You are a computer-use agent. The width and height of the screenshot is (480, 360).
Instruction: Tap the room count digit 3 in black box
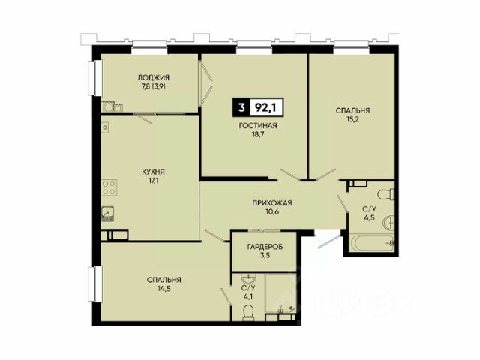pos(241,107)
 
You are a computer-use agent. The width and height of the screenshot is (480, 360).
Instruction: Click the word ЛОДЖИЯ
pos(153,77)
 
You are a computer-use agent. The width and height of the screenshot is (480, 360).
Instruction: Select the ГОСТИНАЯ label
pos(258,125)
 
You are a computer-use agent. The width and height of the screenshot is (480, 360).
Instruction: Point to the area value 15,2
pos(352,119)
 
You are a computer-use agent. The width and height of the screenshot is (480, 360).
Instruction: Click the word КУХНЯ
pos(153,172)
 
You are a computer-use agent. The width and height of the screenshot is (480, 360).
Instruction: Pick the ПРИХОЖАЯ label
pos(272,203)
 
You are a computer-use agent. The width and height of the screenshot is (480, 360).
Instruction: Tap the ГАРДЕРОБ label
pos(265,247)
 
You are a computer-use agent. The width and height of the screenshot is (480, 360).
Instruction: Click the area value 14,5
pos(163,289)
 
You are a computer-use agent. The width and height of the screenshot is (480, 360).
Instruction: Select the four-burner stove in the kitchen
pos(109,187)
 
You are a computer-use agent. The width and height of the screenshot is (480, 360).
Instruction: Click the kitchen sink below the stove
pos(108,213)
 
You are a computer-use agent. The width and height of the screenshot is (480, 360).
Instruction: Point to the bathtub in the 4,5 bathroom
pos(371,243)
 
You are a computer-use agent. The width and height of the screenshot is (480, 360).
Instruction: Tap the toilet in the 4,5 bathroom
pos(385,195)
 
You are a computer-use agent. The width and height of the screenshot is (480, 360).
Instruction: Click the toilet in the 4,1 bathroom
pos(248,313)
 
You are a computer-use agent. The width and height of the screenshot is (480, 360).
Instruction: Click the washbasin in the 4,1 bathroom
pos(250,278)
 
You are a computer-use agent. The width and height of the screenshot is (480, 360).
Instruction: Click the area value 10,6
pos(272,211)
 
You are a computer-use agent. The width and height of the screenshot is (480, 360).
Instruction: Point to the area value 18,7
pos(258,134)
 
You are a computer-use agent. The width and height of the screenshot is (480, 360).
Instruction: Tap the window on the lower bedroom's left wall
pos(95,284)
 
